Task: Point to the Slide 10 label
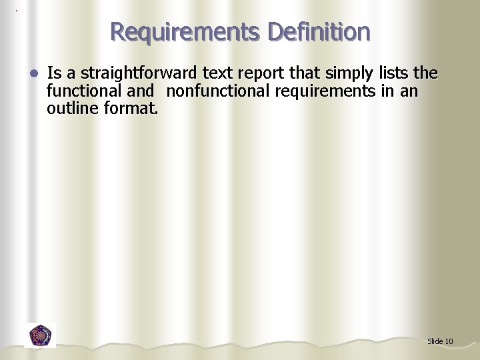[x=440, y=341]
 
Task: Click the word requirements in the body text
[x=324, y=91]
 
